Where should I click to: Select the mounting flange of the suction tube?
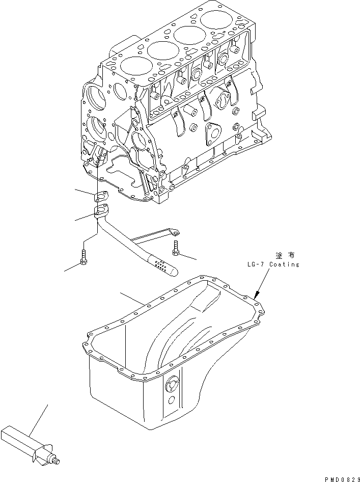coord(102,209)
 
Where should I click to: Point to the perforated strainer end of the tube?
coord(162,266)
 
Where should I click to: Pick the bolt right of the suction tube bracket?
coord(176,247)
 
